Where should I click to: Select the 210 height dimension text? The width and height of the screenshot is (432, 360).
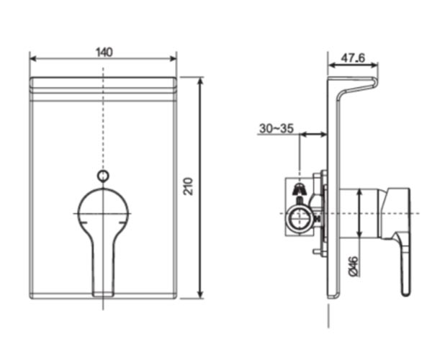(189, 187)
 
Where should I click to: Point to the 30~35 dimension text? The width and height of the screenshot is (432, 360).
(276, 130)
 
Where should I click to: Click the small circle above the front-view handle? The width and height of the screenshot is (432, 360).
(103, 176)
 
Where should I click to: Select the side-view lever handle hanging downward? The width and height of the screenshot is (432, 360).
(403, 259)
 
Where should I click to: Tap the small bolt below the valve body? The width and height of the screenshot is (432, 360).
(318, 252)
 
